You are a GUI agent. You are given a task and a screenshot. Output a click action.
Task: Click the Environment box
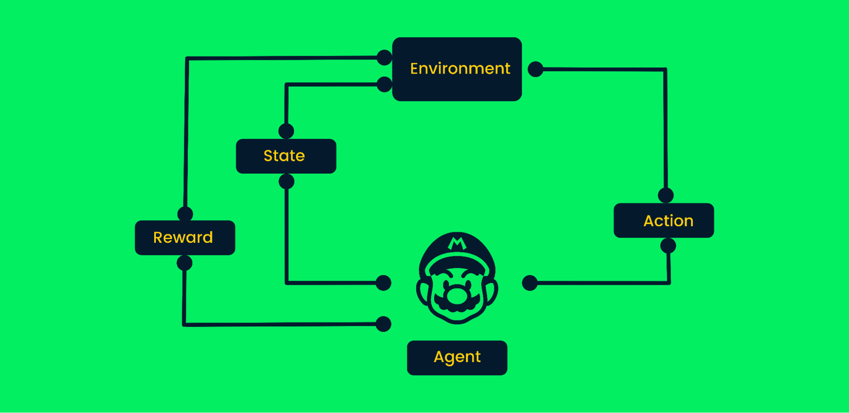tap(457, 69)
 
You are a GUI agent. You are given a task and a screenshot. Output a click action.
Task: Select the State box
tap(286, 156)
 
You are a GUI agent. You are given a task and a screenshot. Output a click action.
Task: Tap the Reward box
tap(185, 238)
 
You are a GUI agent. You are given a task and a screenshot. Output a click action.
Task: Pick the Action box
tap(663, 221)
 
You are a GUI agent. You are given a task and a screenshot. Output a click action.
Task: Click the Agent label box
tap(457, 357)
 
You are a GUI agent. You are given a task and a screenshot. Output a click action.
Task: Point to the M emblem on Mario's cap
tap(457, 244)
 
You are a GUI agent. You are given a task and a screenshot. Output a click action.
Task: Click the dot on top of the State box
tap(286, 131)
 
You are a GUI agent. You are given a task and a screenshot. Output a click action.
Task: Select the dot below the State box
tap(287, 182)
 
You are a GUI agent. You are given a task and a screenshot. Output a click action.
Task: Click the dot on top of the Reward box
tap(185, 214)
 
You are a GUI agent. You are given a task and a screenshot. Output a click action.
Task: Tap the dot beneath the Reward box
tap(185, 263)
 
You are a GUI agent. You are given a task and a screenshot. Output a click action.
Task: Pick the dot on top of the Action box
tap(666, 196)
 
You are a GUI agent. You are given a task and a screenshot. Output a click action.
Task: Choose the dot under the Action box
tap(668, 246)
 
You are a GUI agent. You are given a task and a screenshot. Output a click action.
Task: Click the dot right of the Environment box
tap(536, 69)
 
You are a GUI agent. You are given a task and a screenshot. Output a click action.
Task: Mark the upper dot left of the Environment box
tap(384, 57)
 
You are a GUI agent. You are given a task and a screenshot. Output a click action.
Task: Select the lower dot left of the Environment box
tap(384, 84)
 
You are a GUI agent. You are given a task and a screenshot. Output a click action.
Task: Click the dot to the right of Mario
tap(530, 283)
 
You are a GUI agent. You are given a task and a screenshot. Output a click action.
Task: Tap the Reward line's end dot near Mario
tap(384, 324)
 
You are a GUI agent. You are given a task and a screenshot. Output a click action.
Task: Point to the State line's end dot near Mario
tap(384, 283)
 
